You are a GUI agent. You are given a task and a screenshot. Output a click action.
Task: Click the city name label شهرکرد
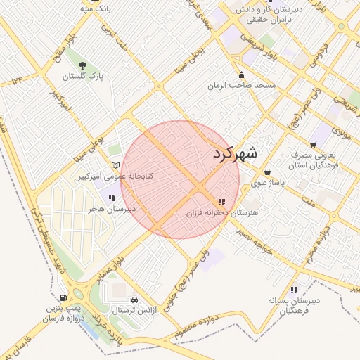point(234,152)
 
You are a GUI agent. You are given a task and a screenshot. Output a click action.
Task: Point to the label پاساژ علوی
point(267,183)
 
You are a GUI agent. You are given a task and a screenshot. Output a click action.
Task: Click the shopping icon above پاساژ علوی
point(267,172)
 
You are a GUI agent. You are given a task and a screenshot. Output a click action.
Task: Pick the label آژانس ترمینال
point(132,309)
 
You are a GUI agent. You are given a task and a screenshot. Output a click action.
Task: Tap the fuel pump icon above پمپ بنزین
point(64,298)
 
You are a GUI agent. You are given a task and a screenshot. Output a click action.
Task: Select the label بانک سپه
point(96,9)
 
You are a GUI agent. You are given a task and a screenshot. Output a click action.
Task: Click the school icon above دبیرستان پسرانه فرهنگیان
point(293,289)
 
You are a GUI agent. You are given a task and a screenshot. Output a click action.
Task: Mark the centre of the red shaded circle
point(180,180)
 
